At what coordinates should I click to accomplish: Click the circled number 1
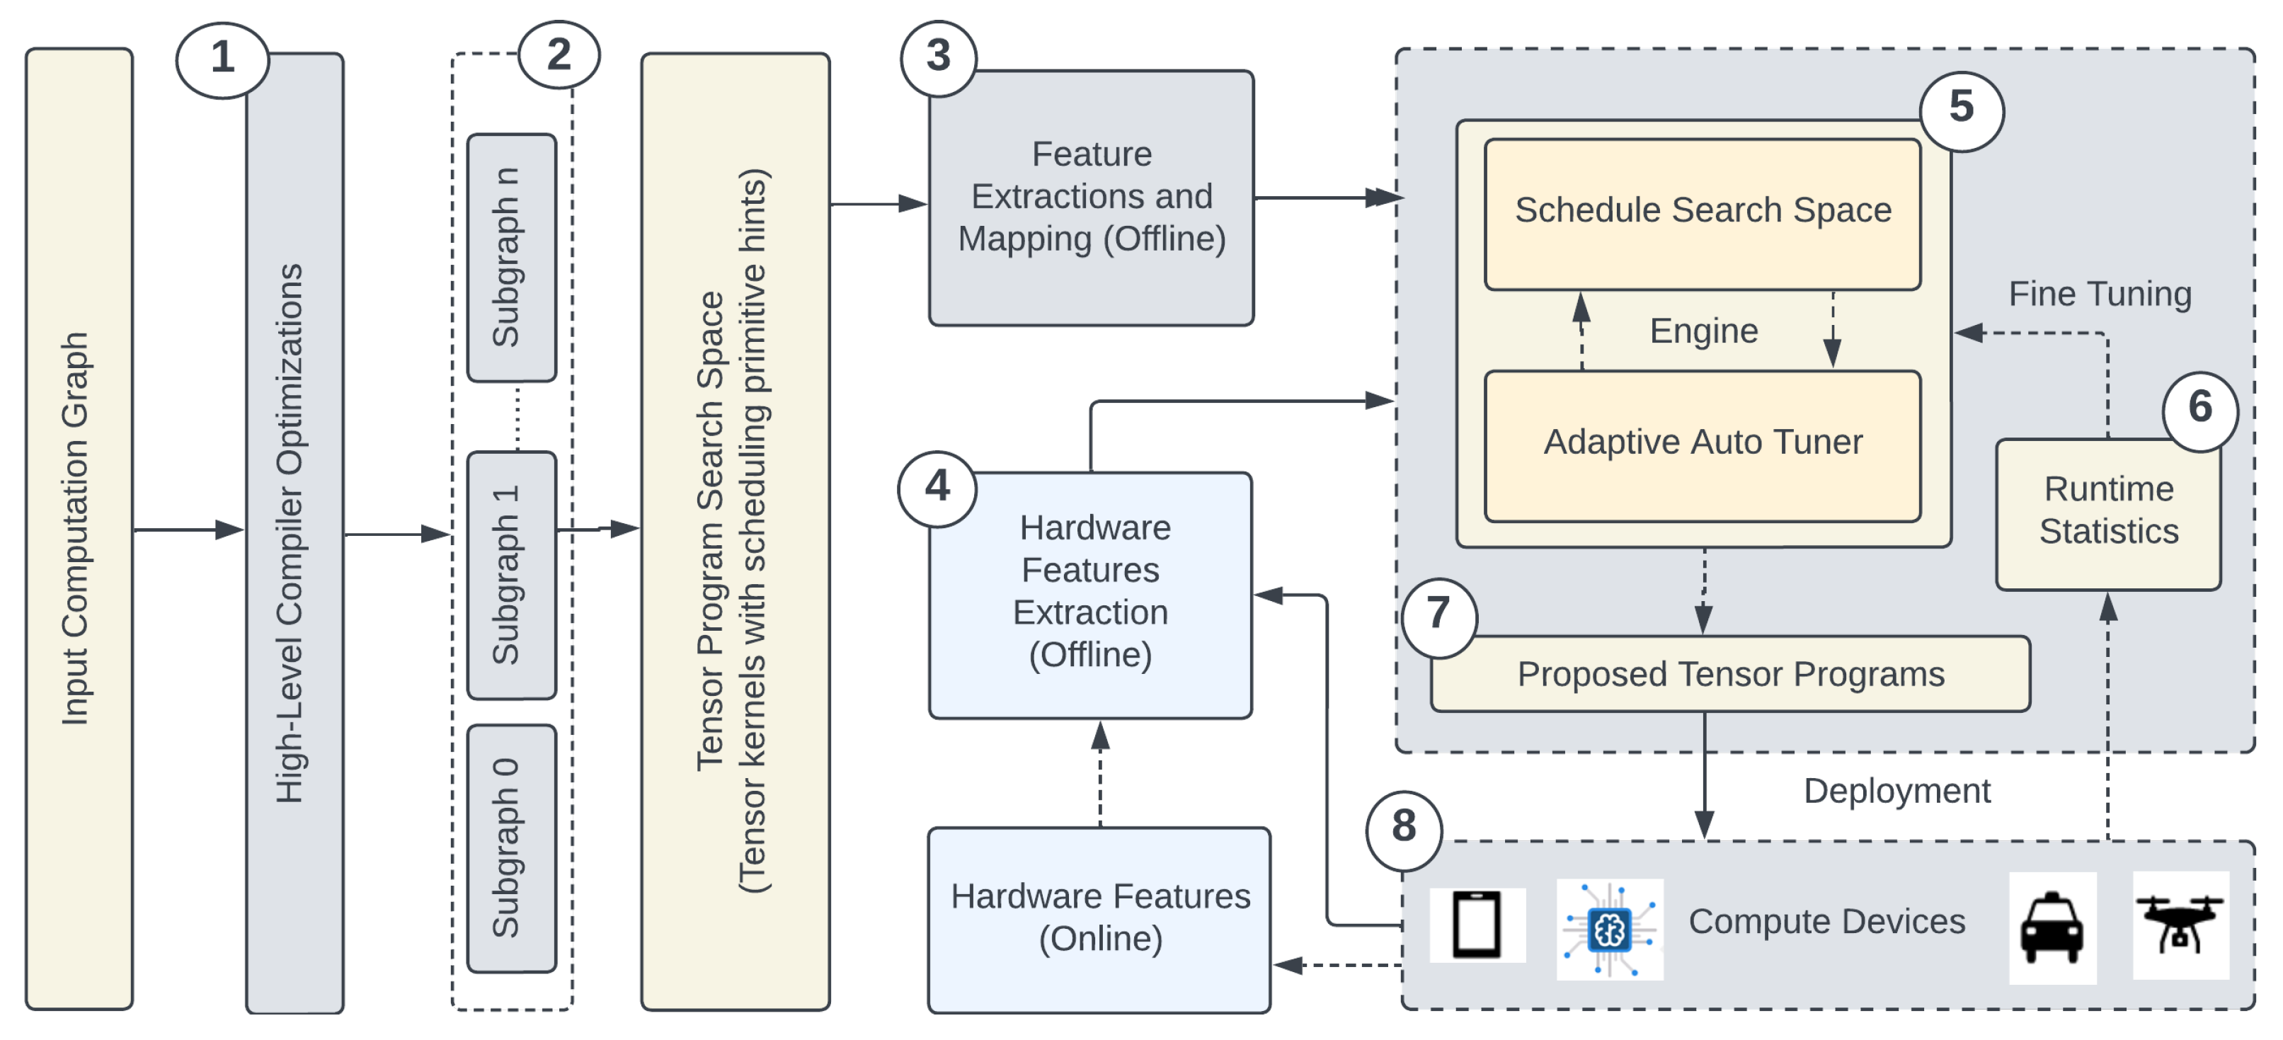click(222, 59)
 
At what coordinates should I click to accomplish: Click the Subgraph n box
click(511, 257)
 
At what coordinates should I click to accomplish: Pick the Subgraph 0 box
click(511, 847)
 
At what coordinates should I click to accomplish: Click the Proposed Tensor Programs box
click(1729, 674)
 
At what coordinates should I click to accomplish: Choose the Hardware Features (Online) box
click(1099, 918)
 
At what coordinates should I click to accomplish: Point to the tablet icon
click(1477, 925)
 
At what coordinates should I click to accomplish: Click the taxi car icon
click(2052, 927)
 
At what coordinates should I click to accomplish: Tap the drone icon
click(2180, 924)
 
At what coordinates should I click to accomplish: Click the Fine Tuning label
click(2099, 294)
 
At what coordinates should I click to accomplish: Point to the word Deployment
click(1896, 790)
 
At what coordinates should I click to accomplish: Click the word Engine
click(1703, 331)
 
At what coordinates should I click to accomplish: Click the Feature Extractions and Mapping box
click(1091, 198)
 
